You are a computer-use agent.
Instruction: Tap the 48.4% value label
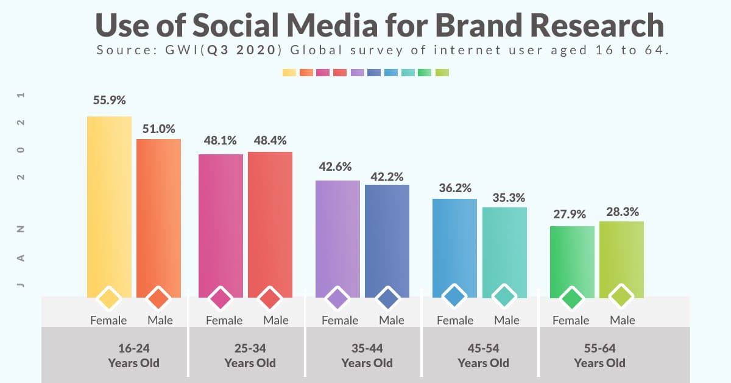(270, 141)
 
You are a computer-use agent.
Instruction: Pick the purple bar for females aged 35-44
(337, 235)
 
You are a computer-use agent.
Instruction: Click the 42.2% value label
(387, 176)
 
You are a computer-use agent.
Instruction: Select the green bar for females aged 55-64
(572, 259)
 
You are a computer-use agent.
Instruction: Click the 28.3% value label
(622, 212)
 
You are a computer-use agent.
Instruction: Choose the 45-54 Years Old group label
(483, 356)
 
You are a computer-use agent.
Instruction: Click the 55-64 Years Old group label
(599, 356)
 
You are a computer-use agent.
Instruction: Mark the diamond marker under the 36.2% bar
(454, 297)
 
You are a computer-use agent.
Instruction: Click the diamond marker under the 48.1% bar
(221, 298)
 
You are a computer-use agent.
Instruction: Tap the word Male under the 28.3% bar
(622, 320)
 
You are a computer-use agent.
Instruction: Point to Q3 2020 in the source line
(251, 51)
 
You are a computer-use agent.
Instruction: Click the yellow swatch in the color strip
(289, 73)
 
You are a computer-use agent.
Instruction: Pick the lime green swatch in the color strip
(442, 73)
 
